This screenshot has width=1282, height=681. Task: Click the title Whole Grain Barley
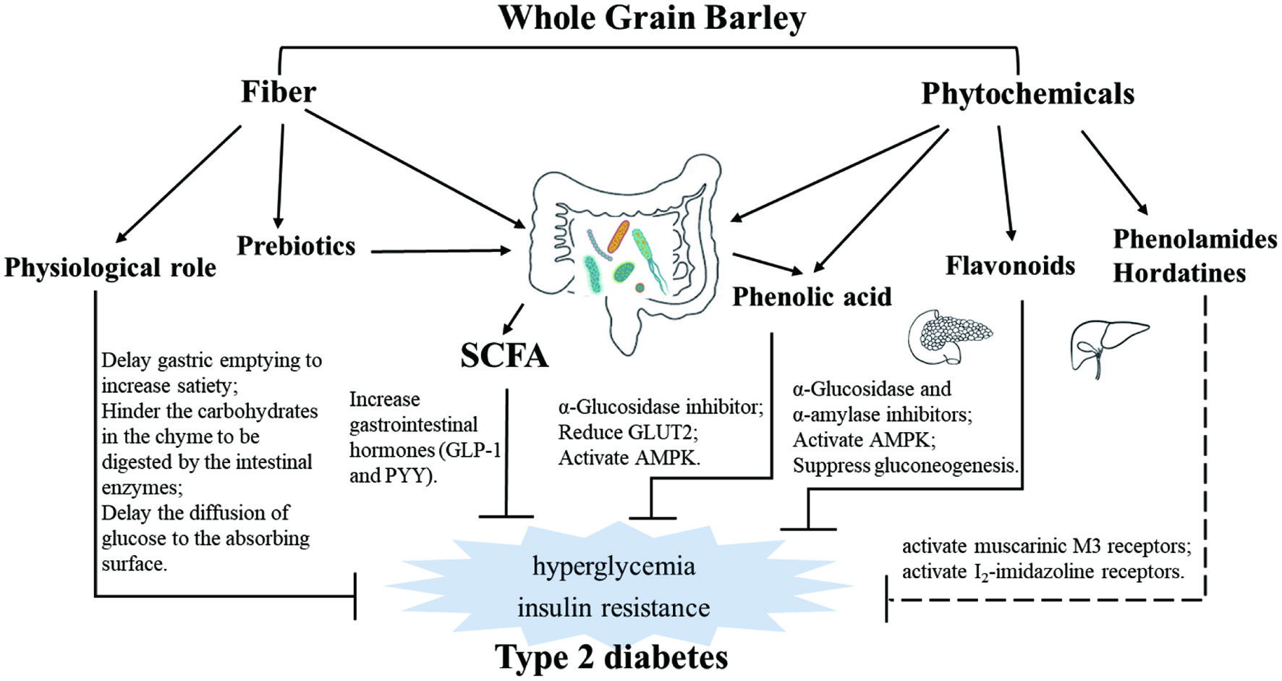(652, 18)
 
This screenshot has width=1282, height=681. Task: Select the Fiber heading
(279, 92)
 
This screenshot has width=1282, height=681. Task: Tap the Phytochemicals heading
(1027, 94)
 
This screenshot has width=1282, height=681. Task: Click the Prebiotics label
(296, 246)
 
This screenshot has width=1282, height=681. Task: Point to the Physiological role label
(110, 268)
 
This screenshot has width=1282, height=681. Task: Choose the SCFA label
(504, 355)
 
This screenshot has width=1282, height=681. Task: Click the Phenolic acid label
(812, 297)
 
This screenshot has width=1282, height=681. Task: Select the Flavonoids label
(1010, 266)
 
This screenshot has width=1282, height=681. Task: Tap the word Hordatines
(1179, 273)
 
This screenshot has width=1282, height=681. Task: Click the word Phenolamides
(1195, 239)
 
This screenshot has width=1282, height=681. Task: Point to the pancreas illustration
(950, 337)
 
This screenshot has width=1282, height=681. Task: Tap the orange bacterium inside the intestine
(618, 236)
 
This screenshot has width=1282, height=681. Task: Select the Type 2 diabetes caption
(611, 657)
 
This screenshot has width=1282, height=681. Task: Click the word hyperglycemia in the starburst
(614, 565)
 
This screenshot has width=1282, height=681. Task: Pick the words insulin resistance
(614, 607)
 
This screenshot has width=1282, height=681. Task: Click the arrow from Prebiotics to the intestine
(441, 251)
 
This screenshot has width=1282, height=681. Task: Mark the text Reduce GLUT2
(628, 432)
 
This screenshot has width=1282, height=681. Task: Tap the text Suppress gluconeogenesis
(906, 465)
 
